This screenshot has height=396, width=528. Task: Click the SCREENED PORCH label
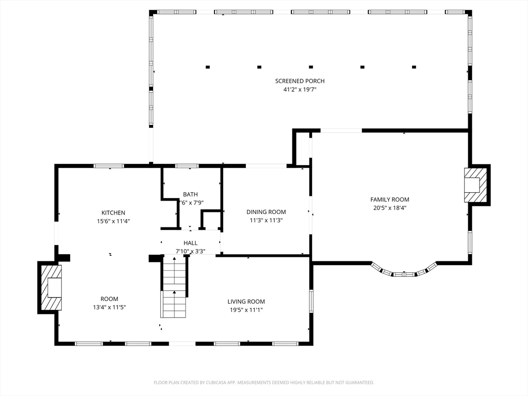[300, 81]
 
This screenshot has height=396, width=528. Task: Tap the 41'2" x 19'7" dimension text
[300, 90]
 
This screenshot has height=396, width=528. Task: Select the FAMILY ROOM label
[390, 200]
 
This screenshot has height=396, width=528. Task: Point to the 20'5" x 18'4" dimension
[390, 208]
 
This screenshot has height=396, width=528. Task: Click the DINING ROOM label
[266, 212]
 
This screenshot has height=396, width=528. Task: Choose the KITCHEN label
[113, 213]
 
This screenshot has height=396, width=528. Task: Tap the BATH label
[190, 194]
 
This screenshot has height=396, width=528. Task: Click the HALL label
[190, 243]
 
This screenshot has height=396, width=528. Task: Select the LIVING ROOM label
[246, 302]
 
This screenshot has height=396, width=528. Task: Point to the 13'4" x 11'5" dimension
[109, 307]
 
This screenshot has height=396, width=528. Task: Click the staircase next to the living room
[174, 286]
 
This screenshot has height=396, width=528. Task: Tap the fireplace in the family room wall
[475, 185]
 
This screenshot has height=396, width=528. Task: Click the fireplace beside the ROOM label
[51, 288]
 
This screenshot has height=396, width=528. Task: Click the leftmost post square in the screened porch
[208, 67]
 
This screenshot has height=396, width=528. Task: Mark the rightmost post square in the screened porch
[414, 67]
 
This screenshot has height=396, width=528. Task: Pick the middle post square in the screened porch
[311, 67]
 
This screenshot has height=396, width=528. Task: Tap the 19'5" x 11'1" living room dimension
[246, 310]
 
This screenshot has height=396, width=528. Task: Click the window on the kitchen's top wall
[109, 166]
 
